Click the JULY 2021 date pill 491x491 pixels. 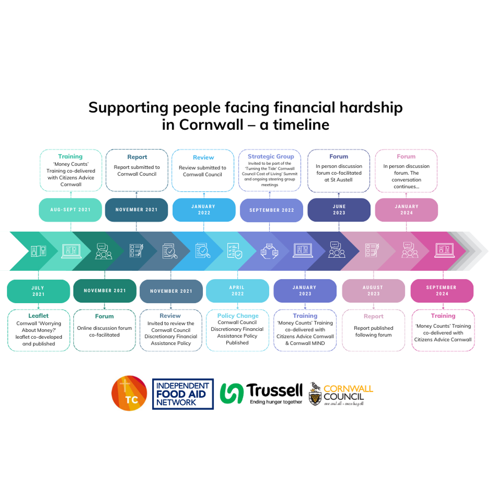pyautogui.click(x=38, y=291)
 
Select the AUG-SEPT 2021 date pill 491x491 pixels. pyautogui.click(x=70, y=210)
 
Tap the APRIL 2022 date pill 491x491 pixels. pyautogui.click(x=237, y=291)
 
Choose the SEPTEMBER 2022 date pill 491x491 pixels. pyautogui.click(x=271, y=210)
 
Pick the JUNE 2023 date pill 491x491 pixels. pyautogui.click(x=339, y=210)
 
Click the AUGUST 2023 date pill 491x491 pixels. pyautogui.click(x=373, y=291)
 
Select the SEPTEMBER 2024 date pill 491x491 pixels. pyautogui.click(x=442, y=291)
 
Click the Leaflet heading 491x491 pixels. pyautogui.click(x=38, y=316)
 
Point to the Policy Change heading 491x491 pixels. pyautogui.click(x=238, y=316)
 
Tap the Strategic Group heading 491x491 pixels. pyautogui.click(x=271, y=156)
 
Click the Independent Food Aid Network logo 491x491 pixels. pyautogui.click(x=183, y=394)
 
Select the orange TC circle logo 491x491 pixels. pyautogui.click(x=129, y=393)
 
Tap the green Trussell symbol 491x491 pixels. pyautogui.click(x=232, y=394)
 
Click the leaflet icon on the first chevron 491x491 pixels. pyautogui.click(x=38, y=251)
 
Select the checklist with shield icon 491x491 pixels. pyautogui.click(x=234, y=251)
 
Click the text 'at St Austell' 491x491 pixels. pyautogui.click(x=338, y=180)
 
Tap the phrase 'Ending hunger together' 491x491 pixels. pyautogui.click(x=276, y=402)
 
